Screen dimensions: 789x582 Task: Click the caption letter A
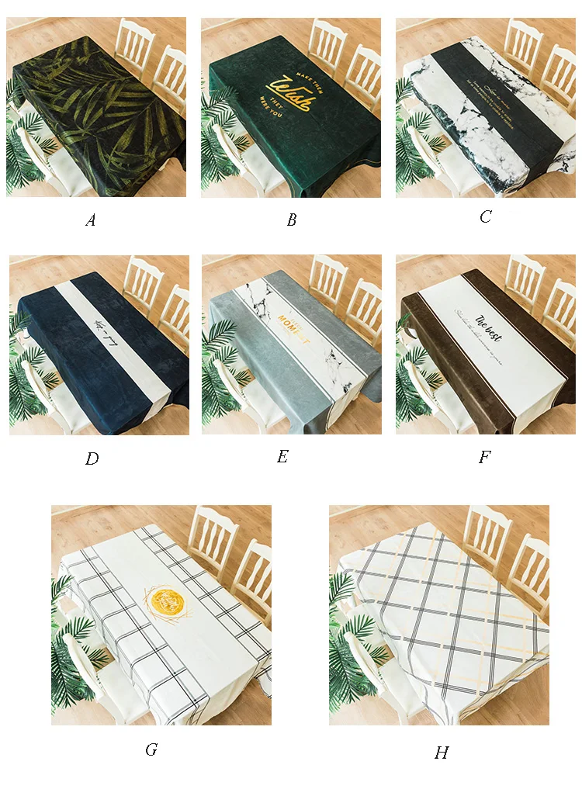[91, 220]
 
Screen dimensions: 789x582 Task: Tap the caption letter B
[292, 220]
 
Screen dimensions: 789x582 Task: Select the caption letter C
[485, 216]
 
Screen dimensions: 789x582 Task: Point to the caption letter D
[92, 459]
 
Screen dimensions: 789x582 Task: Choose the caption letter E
[282, 456]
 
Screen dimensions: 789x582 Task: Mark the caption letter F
[485, 457]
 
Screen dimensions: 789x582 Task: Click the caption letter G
[151, 749]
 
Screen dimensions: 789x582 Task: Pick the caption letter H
[442, 753]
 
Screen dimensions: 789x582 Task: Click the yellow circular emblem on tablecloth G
[165, 600]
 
